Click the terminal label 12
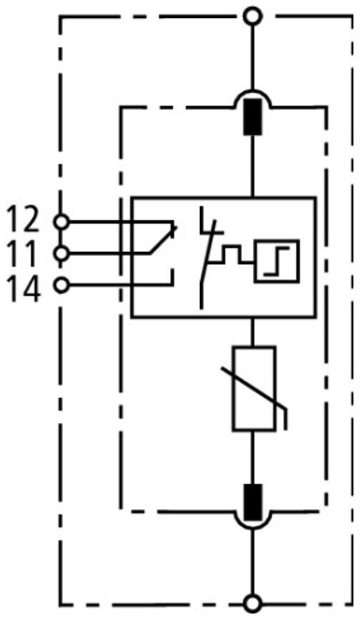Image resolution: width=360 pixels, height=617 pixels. [x=23, y=221]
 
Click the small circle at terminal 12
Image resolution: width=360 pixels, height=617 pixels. [x=61, y=222]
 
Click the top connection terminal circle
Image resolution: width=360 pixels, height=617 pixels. [x=253, y=16]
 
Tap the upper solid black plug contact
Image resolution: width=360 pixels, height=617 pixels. [x=253, y=116]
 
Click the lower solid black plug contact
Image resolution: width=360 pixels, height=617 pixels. [x=253, y=502]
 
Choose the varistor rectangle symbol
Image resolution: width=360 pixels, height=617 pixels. [x=254, y=388]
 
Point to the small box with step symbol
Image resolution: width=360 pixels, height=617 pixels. [x=276, y=261]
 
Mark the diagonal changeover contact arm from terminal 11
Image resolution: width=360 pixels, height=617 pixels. [x=162, y=240]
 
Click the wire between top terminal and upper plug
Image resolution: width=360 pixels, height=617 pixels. [x=253, y=56]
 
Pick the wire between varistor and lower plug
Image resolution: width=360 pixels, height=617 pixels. [x=253, y=458]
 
